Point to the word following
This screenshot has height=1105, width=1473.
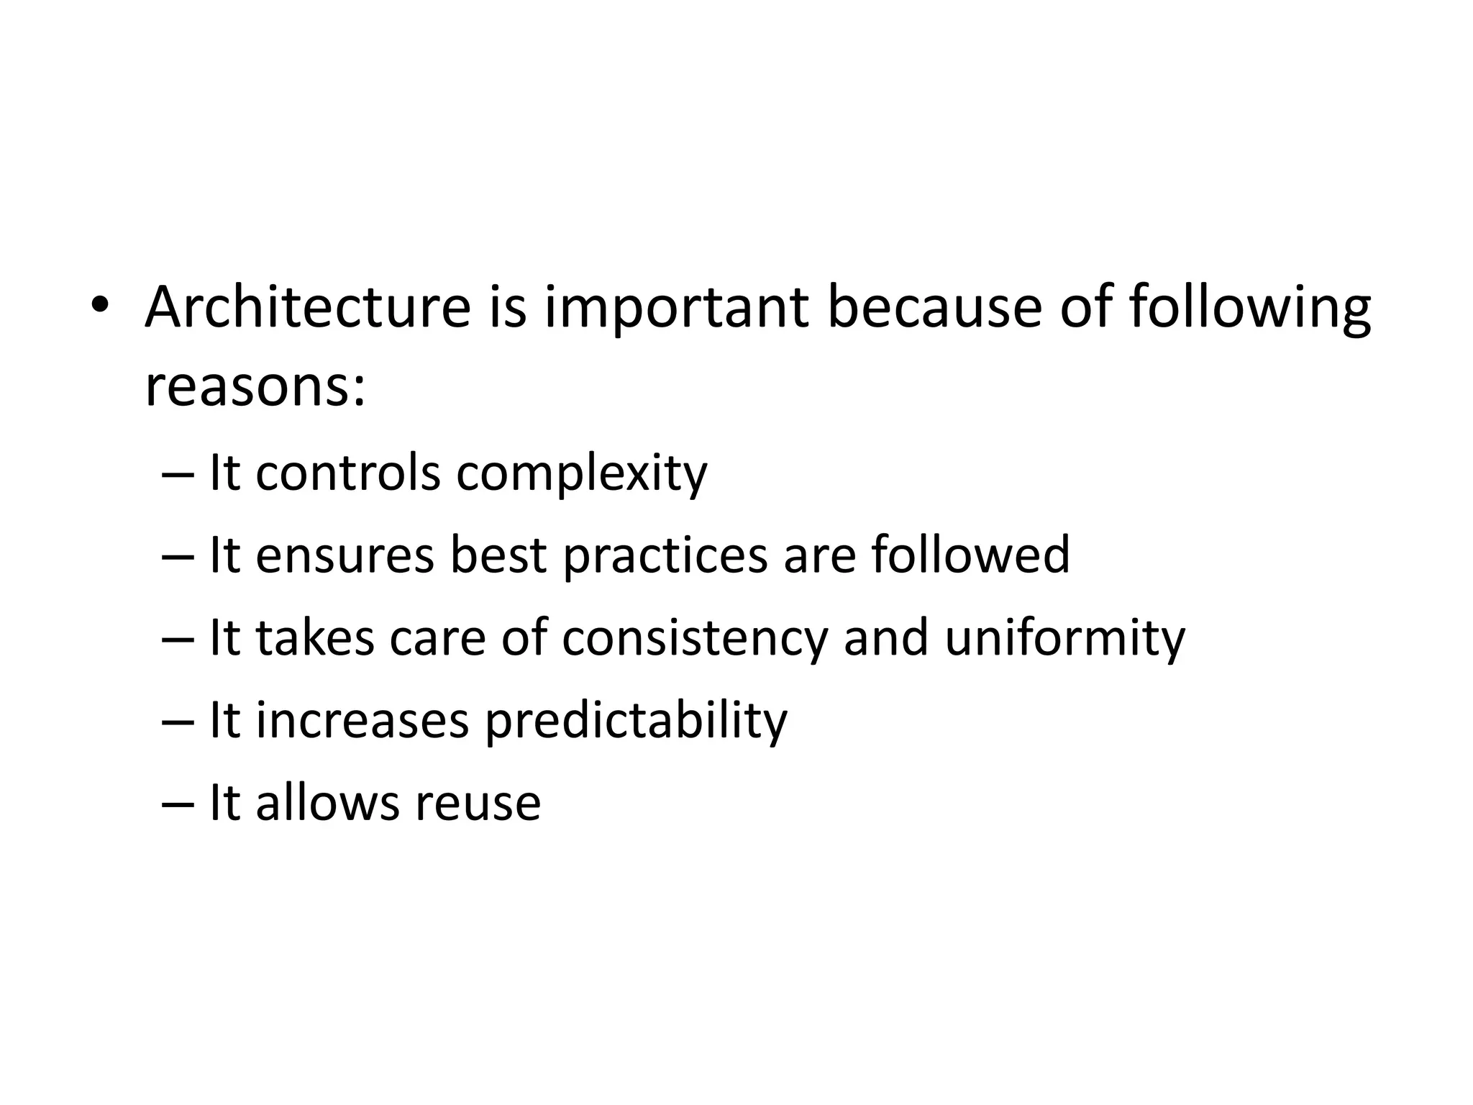tap(1250, 309)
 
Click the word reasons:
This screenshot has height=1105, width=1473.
tap(255, 386)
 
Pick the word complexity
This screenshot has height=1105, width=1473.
tap(582, 475)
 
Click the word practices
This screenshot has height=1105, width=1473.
tap(665, 556)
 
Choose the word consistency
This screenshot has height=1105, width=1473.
tap(695, 638)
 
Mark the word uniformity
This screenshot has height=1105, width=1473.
tap(1064, 638)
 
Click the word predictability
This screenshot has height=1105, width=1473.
tap(637, 721)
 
